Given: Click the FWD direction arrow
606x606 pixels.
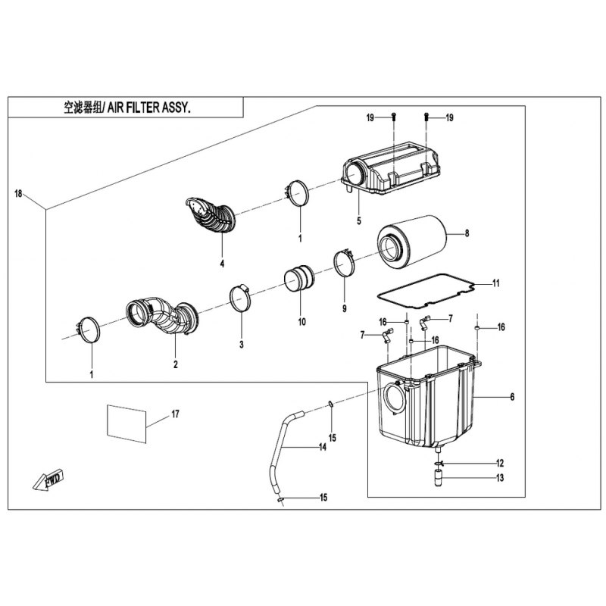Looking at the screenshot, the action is point(48,480).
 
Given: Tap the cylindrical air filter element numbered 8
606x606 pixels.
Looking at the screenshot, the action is point(411,242).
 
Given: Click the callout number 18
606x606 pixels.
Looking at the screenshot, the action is point(18,194).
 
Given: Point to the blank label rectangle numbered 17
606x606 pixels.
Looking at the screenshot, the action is point(127,424).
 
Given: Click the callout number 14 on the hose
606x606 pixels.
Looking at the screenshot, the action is point(323,447).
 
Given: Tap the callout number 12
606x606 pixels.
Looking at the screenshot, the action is point(500,463).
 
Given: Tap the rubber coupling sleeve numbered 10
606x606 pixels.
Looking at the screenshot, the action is point(299,279).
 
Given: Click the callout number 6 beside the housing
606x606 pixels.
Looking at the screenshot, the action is point(512,397).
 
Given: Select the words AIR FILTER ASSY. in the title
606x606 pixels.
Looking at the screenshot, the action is point(148,108).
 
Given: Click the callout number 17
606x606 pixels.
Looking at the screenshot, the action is point(175,414).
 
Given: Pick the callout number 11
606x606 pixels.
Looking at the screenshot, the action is point(496,283).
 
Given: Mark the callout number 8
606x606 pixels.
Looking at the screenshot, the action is point(467,233).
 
